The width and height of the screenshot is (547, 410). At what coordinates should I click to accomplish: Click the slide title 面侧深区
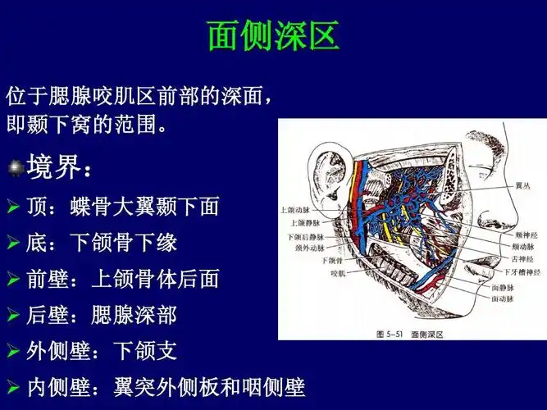point(273,36)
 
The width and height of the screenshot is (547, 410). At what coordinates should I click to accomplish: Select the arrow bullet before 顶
point(13,207)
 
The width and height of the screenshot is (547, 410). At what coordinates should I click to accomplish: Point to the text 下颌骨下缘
point(123,244)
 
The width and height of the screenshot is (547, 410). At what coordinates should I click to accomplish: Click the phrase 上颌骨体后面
point(155,280)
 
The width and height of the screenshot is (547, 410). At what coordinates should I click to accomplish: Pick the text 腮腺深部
point(123,316)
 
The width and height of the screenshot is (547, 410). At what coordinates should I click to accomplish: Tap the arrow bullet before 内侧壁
point(13,388)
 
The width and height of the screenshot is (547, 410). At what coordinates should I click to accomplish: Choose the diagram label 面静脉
point(503,288)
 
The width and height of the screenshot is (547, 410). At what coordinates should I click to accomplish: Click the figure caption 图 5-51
point(390,333)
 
